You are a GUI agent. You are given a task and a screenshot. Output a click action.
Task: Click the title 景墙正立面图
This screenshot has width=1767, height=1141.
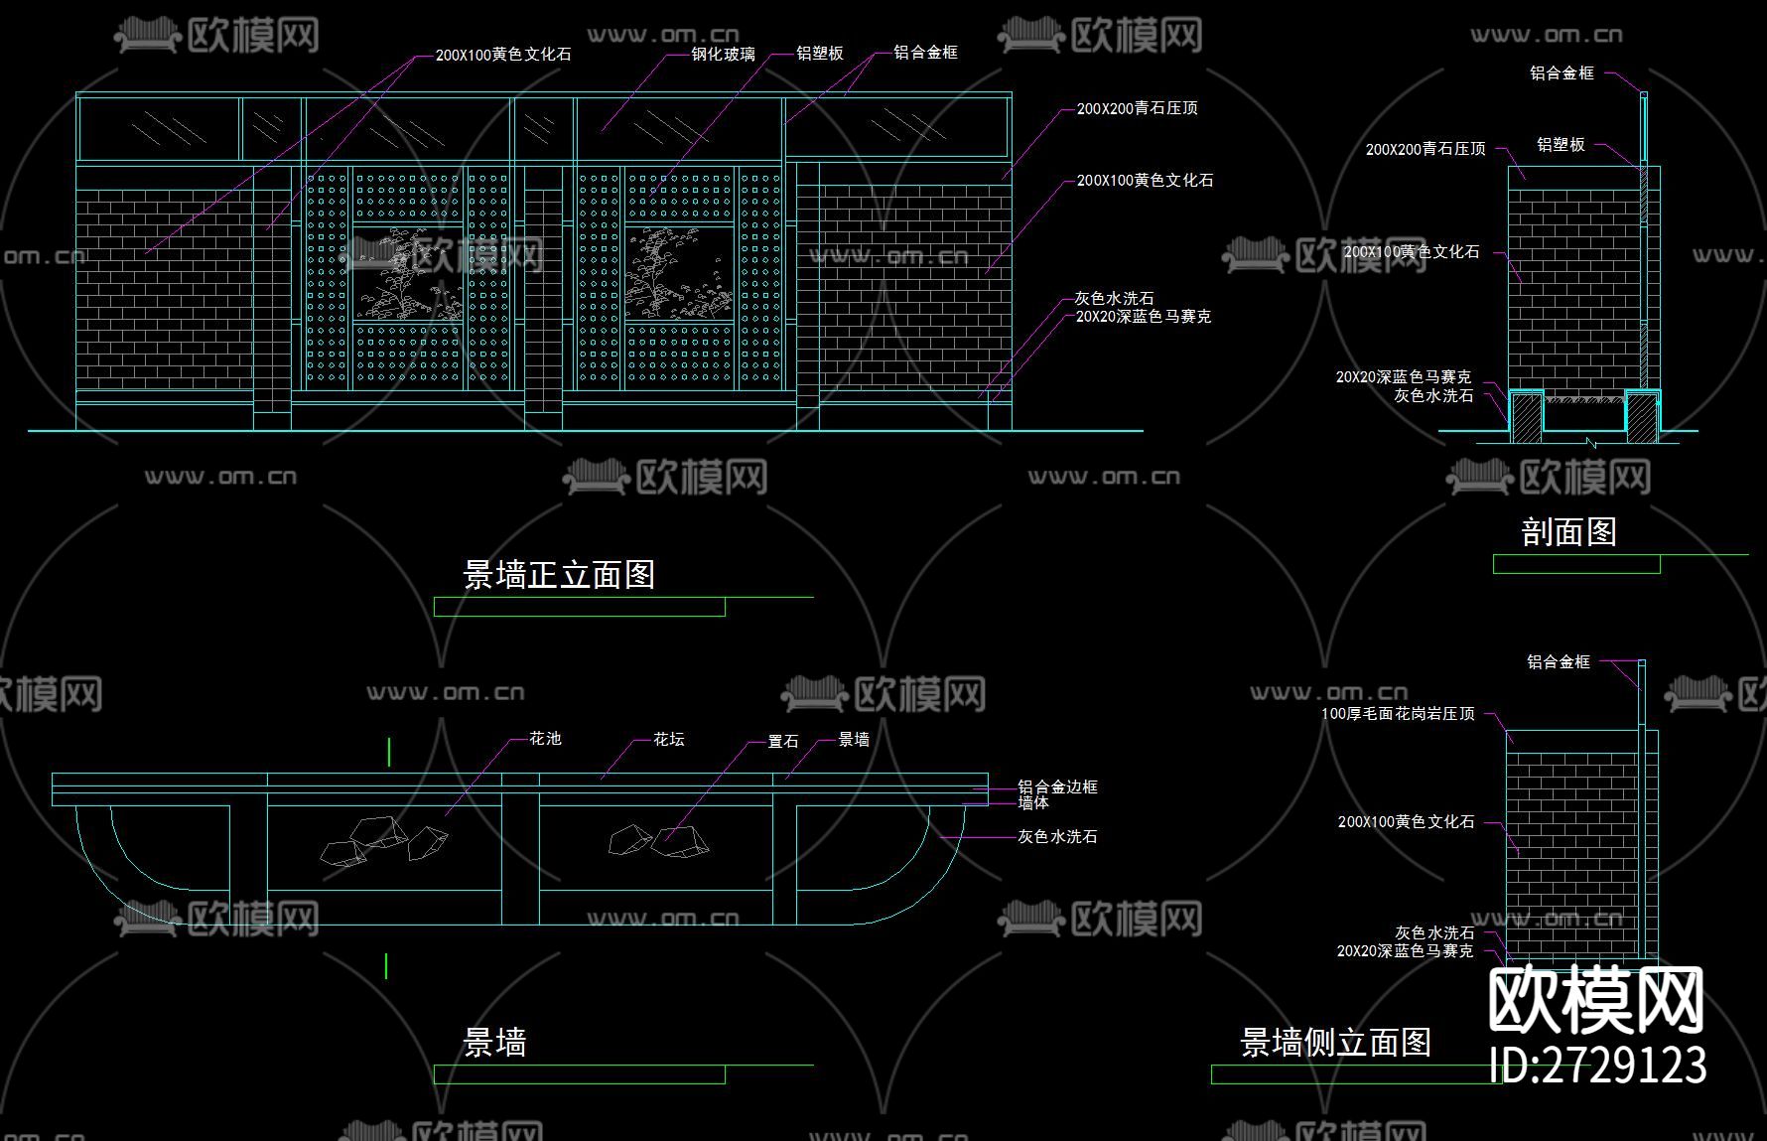point(559,575)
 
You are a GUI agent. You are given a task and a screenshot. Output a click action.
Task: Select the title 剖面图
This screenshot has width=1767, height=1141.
point(1568,532)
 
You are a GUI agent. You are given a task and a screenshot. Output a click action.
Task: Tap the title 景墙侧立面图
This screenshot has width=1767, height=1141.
point(1335,1043)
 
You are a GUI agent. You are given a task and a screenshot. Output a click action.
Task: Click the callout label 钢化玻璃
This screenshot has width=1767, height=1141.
point(723,55)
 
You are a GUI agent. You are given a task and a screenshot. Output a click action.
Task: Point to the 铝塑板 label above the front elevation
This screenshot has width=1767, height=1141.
point(819,54)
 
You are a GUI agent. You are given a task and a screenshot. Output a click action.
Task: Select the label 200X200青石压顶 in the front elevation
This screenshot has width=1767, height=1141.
point(1137,108)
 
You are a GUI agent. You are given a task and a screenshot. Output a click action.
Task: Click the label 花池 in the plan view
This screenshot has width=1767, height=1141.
point(545,739)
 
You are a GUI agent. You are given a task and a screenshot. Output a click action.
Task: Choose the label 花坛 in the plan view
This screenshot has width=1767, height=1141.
point(668,740)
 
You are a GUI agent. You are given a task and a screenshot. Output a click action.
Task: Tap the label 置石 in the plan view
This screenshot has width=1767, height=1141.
point(782,742)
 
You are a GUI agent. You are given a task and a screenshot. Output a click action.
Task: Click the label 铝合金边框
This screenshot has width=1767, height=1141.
point(1057,787)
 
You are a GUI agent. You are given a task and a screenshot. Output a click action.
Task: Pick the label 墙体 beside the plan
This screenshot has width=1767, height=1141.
point(1032,802)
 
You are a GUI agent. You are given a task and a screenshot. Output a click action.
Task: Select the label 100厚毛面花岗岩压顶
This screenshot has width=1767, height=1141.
point(1397,714)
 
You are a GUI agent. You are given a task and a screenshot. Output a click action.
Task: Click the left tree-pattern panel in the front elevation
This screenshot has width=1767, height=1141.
point(408,274)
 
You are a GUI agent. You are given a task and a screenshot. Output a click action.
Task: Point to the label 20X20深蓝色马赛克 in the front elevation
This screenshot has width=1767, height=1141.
point(1143,317)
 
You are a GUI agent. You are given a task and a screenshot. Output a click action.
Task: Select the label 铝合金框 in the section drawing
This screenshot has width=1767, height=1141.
point(1562,73)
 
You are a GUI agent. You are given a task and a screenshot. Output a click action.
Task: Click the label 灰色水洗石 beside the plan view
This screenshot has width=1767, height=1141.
point(1057,837)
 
